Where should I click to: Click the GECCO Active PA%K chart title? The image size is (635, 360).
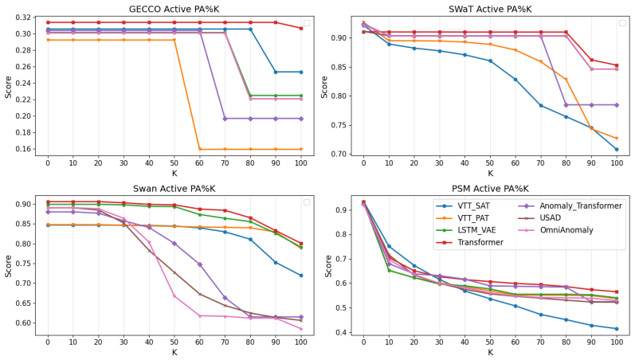(x=174, y=9)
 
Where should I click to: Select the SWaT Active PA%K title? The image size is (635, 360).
(x=490, y=9)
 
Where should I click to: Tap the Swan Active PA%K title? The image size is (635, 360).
(x=174, y=189)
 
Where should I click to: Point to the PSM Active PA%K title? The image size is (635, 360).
(x=490, y=189)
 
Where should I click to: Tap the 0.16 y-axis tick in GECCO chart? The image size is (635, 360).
(x=23, y=149)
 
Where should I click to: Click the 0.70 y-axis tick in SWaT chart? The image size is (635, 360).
(x=339, y=155)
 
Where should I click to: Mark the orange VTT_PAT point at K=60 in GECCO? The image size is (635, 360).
(x=200, y=150)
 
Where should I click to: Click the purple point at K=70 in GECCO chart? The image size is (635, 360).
(x=225, y=119)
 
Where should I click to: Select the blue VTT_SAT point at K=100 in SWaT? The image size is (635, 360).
(x=617, y=150)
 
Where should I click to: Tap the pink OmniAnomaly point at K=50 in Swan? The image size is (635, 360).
(x=174, y=296)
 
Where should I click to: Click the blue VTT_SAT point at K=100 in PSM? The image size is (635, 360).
(x=617, y=329)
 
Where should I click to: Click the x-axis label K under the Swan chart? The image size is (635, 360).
(x=174, y=352)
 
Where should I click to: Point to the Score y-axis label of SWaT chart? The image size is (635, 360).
(x=324, y=87)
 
